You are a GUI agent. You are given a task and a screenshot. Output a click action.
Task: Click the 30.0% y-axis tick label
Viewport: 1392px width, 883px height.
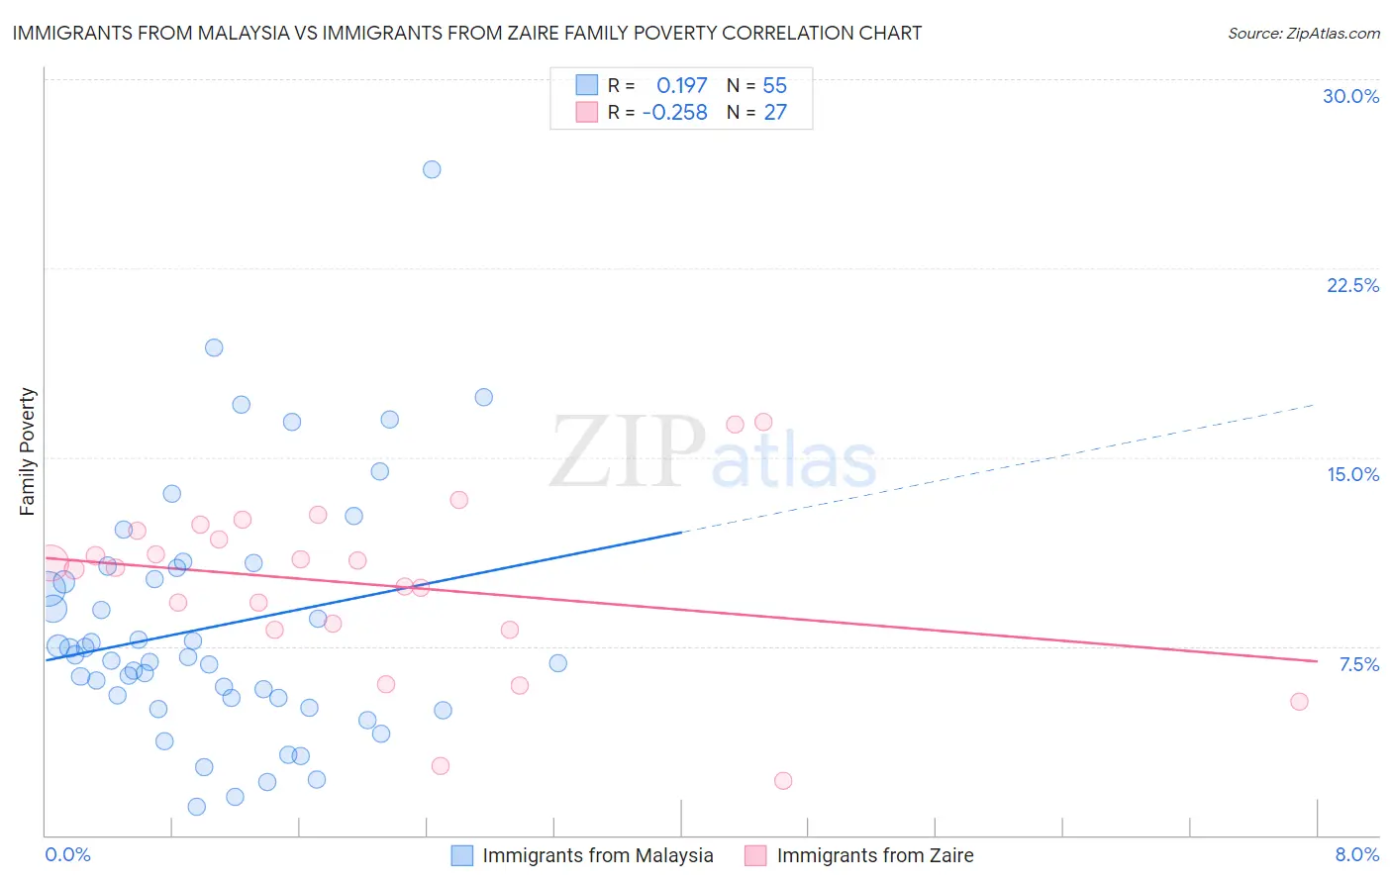1350,96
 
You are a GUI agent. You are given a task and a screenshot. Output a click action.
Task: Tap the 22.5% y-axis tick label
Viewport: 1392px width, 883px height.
1352,285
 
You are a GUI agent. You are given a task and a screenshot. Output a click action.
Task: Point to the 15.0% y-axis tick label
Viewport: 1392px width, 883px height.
1352,474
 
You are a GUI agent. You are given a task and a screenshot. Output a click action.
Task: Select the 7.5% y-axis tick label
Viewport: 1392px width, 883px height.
1358,664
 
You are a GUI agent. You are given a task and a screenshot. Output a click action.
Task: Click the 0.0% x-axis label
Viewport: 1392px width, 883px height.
67,854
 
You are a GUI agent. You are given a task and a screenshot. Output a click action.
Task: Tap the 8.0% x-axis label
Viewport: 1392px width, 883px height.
1356,854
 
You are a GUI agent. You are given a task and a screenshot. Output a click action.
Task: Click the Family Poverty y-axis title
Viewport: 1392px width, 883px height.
27,451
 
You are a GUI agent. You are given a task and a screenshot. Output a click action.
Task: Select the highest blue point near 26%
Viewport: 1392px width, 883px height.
432,169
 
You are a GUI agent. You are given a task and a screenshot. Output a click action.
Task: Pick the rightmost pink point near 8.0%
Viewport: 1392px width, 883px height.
1299,702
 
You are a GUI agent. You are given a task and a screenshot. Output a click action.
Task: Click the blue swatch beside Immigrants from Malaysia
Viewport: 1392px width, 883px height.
462,855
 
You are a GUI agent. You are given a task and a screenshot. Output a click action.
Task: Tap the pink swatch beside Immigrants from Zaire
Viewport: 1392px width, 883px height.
755,855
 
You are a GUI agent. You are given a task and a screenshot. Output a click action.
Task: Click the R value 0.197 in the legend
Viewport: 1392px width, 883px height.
681,86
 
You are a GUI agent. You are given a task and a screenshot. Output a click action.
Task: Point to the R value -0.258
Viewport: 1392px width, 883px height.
674,113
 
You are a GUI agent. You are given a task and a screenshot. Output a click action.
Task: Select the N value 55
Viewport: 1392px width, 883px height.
774,86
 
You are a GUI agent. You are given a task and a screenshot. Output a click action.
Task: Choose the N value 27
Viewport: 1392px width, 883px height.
774,113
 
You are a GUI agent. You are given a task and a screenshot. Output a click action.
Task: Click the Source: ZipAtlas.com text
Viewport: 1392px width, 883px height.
1303,34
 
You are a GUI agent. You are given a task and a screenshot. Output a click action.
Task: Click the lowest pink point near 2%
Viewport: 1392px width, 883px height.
783,781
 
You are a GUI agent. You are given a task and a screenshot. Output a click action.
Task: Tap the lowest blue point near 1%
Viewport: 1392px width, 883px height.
197,807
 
